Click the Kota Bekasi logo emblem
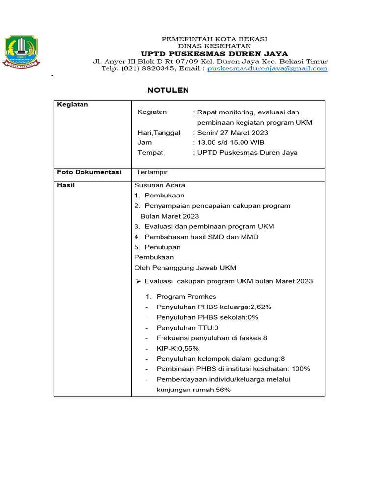pyautogui.click(x=22, y=51)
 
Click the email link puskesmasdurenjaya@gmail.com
pyautogui.click(x=267, y=69)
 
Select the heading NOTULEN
pyautogui.click(x=168, y=90)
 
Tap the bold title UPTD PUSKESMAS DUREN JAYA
pyautogui.click(x=215, y=54)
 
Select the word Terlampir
pyautogui.click(x=152, y=172)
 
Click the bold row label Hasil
pyautogui.click(x=66, y=185)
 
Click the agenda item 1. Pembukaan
pyautogui.click(x=159, y=196)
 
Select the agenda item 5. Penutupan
pyautogui.click(x=158, y=247)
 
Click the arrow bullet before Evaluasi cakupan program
pyautogui.click(x=138, y=281)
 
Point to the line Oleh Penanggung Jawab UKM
pyautogui.click(x=185, y=268)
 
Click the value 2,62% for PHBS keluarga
pyautogui.click(x=261, y=307)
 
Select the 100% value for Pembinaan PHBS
pyautogui.click(x=301, y=369)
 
